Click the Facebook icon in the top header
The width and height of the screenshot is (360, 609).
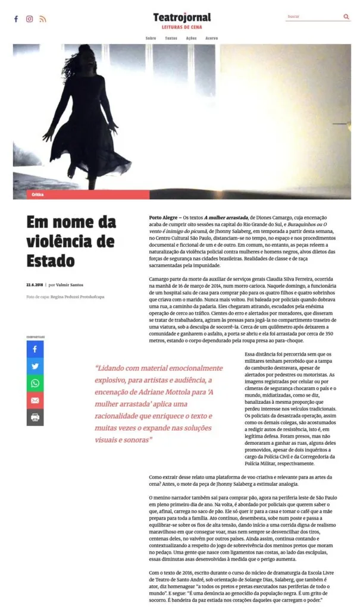pyautogui.click(x=16, y=19)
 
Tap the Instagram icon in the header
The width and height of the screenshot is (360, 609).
pyautogui.click(x=29, y=19)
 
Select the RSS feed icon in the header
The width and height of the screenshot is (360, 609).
pyautogui.click(x=43, y=19)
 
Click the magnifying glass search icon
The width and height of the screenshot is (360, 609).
pyautogui.click(x=346, y=17)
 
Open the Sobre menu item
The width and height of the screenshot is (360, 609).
pyautogui.click(x=151, y=38)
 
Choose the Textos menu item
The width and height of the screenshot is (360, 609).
pyautogui.click(x=171, y=38)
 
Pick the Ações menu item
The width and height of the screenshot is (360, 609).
pyautogui.click(x=191, y=38)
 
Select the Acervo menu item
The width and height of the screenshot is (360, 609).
pyautogui.click(x=211, y=38)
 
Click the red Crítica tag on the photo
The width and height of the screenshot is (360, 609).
pyautogui.click(x=38, y=194)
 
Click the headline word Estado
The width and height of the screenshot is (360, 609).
pyautogui.click(x=51, y=260)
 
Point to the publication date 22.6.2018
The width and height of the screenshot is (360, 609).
pyautogui.click(x=35, y=285)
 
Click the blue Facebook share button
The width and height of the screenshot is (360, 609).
pyautogui.click(x=35, y=349)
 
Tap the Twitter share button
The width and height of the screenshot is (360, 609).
pyautogui.click(x=35, y=366)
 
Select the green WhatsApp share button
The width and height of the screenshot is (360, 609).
pyautogui.click(x=35, y=384)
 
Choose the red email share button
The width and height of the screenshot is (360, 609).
pyautogui.click(x=35, y=400)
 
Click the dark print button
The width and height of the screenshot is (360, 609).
pyautogui.click(x=35, y=417)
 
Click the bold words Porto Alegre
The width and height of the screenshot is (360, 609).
pyautogui.click(x=164, y=218)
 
